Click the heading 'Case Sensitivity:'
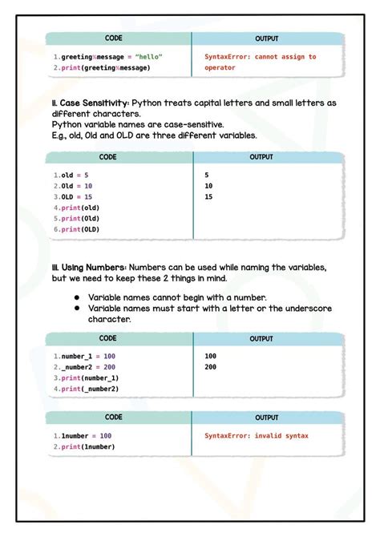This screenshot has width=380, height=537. point(92,103)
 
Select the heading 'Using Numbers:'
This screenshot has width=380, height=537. point(90,267)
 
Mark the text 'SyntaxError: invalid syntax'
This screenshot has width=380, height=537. point(257,436)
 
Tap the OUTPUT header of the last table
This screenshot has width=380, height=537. point(267,418)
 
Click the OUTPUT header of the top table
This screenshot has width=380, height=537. point(267,38)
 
